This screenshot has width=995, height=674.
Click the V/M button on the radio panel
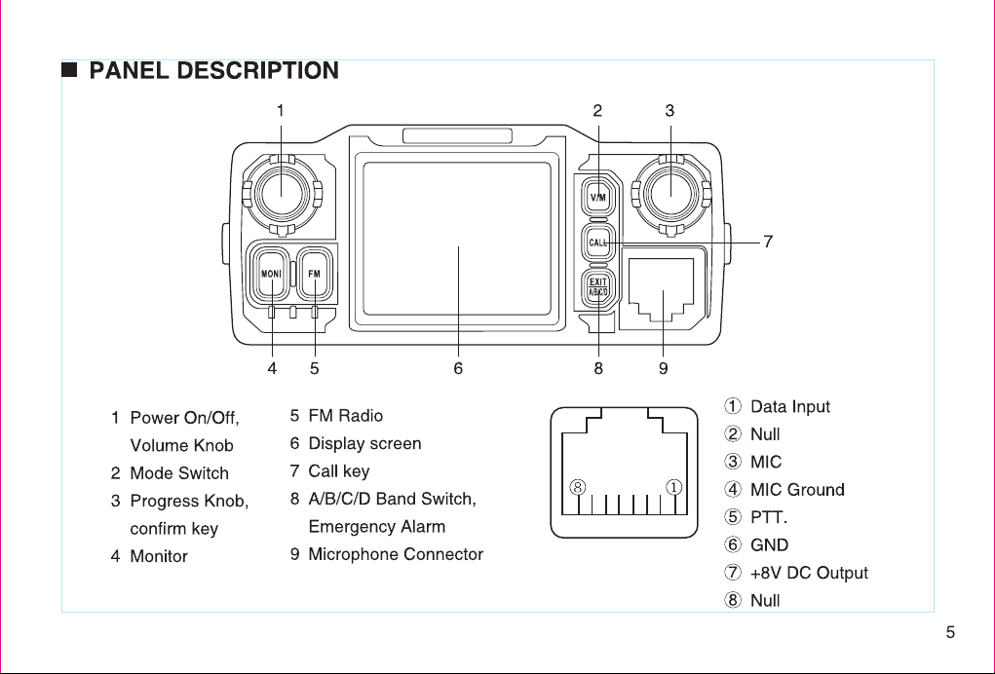(597, 197)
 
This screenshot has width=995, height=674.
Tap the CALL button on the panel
(597, 243)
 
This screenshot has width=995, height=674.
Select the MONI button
(271, 274)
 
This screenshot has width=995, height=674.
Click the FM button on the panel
(315, 274)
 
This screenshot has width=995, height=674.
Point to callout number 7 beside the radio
(768, 242)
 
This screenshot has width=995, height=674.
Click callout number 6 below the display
(458, 368)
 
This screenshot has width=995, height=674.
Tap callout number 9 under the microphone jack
(663, 368)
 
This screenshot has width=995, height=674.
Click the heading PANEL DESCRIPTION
(213, 70)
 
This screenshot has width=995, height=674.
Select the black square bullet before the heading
(69, 69)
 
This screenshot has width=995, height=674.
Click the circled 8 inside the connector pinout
(578, 487)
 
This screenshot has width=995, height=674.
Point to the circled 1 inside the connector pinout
(674, 487)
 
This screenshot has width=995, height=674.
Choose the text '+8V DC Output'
(809, 573)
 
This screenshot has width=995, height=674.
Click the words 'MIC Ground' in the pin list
(797, 490)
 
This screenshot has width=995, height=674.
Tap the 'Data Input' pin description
(790, 406)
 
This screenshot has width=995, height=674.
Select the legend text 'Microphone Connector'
(396, 554)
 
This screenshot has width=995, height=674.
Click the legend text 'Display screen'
(364, 443)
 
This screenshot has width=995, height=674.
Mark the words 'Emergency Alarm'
(377, 526)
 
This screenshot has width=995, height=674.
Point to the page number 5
(950, 632)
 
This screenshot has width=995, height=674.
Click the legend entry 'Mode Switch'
(179, 473)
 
